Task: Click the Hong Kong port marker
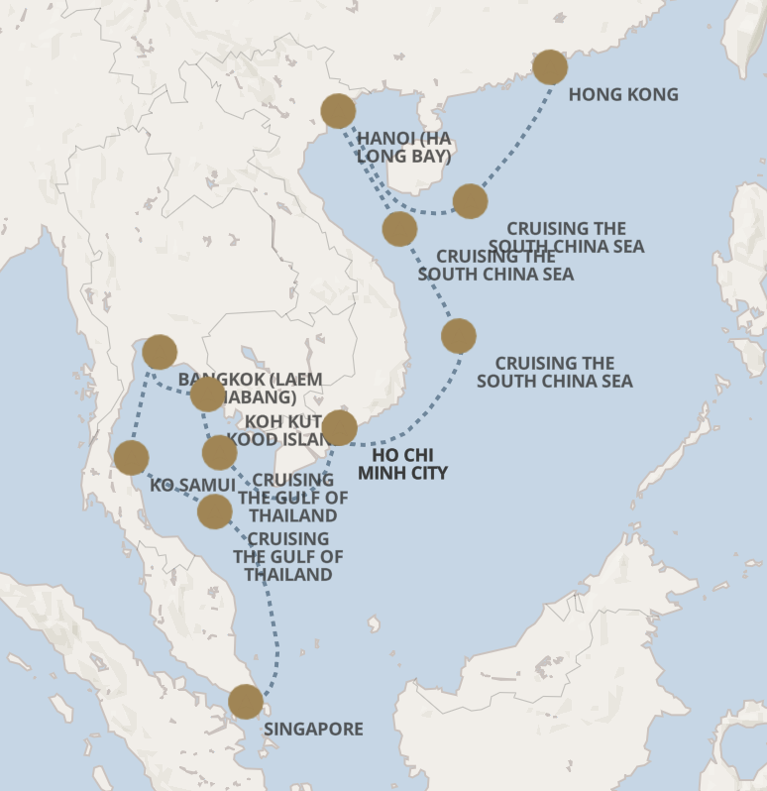[550, 67]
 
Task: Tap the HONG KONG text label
[623, 94]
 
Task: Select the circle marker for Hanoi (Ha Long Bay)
[338, 112]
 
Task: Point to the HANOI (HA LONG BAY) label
[404, 147]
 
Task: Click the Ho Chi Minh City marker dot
[339, 428]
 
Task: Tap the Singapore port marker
[246, 702]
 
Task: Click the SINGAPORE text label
[313, 730]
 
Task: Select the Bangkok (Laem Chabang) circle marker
[160, 352]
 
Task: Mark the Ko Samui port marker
[132, 458]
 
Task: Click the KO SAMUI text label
[192, 486]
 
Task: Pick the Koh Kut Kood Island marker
[207, 395]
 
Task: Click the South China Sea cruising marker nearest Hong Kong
[470, 201]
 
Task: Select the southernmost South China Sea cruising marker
[458, 336]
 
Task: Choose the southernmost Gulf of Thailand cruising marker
[215, 511]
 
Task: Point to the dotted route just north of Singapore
[274, 644]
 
